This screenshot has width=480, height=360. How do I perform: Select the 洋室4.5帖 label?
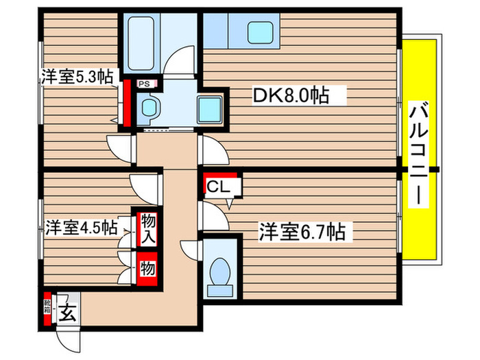(x=80, y=227)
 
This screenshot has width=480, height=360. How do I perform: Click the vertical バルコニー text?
(x=418, y=154)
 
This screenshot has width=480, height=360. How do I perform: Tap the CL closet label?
(x=220, y=185)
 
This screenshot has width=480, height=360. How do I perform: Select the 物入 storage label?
(x=147, y=229)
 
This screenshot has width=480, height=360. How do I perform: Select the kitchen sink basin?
(x=261, y=31)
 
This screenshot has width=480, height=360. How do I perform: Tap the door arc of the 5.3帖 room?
(x=119, y=145)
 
